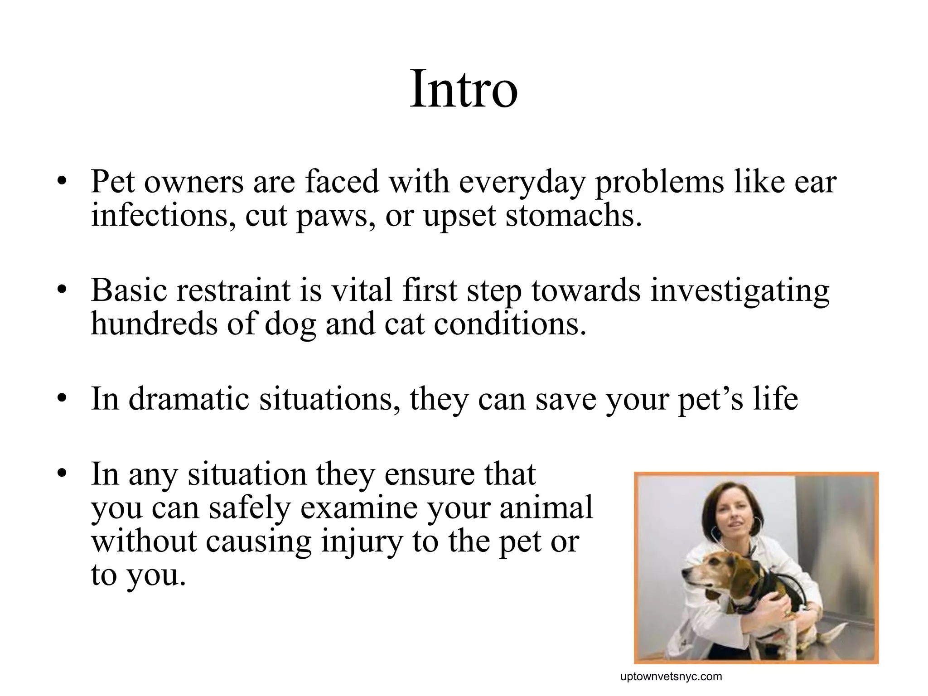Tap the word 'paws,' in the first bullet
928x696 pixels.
[336, 217]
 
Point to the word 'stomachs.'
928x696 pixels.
[574, 216]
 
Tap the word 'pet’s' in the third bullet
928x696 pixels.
[710, 400]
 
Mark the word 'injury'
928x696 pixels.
[362, 542]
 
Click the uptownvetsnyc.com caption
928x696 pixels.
[671, 677]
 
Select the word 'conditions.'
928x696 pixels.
[510, 324]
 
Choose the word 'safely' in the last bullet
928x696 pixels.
[249, 508]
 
